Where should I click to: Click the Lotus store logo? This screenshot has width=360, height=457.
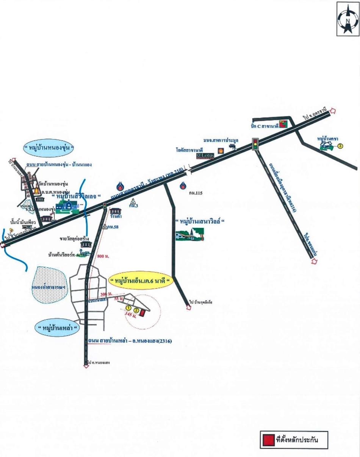pyautogui.click(x=205, y=155)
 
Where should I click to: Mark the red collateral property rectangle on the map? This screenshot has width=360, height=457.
pyautogui.click(x=142, y=313)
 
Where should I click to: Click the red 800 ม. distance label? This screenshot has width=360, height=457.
pyautogui.click(x=103, y=256)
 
